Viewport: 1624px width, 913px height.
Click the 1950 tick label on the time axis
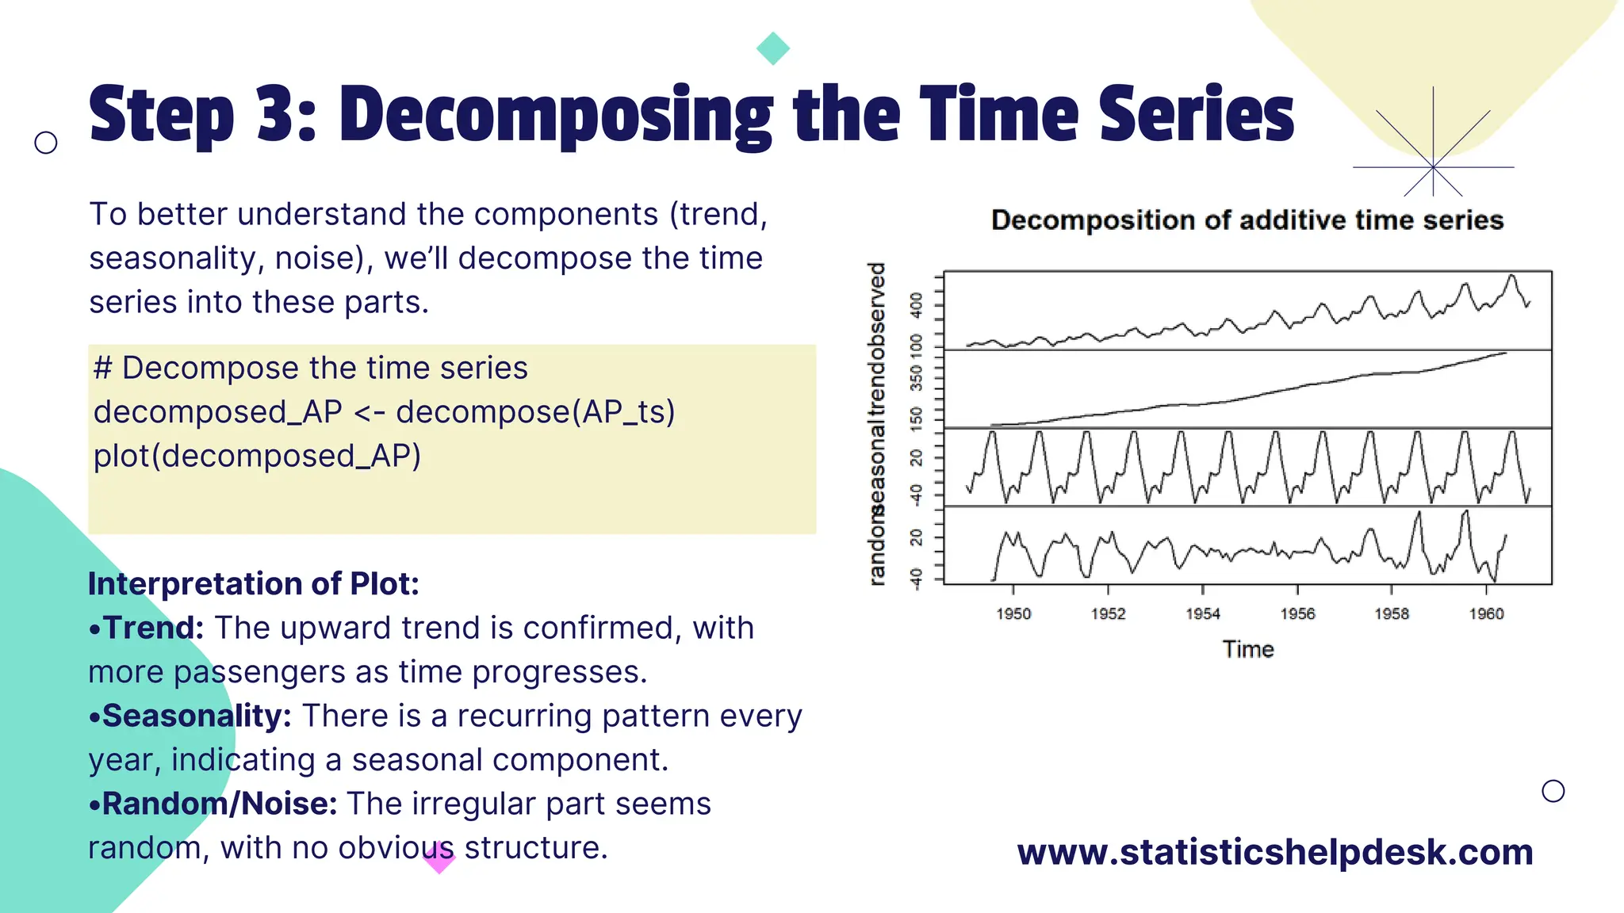click(x=1013, y=613)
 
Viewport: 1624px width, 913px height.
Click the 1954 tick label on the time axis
click(x=1202, y=613)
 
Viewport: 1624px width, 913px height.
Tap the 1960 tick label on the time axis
click(x=1486, y=613)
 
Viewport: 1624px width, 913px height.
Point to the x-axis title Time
click(x=1247, y=649)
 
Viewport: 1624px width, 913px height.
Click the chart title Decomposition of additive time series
click(x=1247, y=220)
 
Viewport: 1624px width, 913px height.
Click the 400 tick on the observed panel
click(x=917, y=304)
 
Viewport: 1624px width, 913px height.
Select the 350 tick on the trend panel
click(x=917, y=377)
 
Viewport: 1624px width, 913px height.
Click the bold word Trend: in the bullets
click(x=152, y=628)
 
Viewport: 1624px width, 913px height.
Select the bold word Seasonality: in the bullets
click(x=195, y=716)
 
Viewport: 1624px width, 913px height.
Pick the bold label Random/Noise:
click(x=218, y=804)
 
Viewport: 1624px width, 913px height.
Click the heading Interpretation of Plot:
click(x=253, y=583)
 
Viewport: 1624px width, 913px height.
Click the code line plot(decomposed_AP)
click(x=257, y=456)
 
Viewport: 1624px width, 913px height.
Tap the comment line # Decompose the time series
click(x=310, y=368)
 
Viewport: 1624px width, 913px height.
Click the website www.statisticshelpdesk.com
click(x=1274, y=852)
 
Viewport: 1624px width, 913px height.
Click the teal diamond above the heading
click(x=772, y=48)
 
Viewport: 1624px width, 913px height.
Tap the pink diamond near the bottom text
click(x=439, y=858)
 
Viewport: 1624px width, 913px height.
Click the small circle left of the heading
click(x=46, y=143)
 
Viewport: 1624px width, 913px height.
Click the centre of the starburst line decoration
click(x=1433, y=167)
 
